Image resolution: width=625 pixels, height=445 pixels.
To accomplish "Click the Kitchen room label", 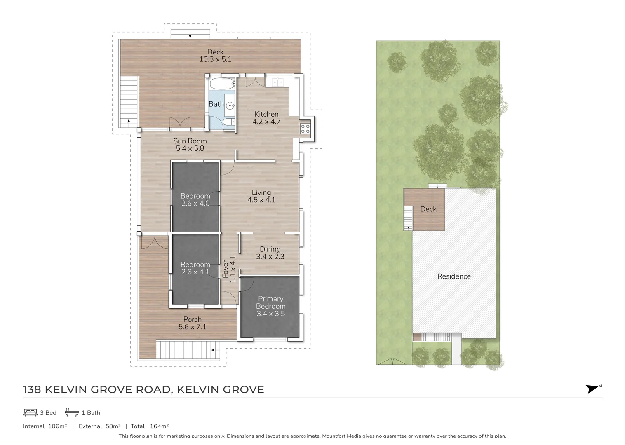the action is point(266,114).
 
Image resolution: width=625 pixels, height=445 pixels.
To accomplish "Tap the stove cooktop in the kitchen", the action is point(305,129).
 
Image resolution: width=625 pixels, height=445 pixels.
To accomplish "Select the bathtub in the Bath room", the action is point(222,83).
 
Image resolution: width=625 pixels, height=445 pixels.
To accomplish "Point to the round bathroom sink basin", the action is point(230,105).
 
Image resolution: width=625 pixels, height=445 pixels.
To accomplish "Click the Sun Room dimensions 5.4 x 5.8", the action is point(190,148).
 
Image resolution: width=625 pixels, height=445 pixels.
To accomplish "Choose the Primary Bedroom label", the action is point(270,302).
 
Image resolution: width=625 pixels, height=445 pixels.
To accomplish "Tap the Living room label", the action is point(261,192).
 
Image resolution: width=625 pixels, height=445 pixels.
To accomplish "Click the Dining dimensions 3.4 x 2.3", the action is point(270,257).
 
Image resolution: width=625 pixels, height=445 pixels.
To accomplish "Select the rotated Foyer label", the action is point(226,269).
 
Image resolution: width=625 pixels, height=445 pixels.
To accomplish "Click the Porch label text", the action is point(192,319).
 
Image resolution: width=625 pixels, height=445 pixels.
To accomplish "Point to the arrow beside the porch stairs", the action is point(216,350).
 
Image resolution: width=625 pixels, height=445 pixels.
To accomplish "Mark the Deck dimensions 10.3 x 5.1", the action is point(215,59).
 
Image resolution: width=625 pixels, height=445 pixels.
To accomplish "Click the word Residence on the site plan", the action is point(454,276).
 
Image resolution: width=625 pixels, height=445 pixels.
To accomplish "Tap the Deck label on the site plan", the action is point(428,209).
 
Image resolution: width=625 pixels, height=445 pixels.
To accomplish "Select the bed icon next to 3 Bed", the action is point(30,412).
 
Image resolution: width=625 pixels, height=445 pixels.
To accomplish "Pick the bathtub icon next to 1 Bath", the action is point(72,412).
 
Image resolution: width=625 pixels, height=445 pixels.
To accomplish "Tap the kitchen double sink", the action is point(277,82).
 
